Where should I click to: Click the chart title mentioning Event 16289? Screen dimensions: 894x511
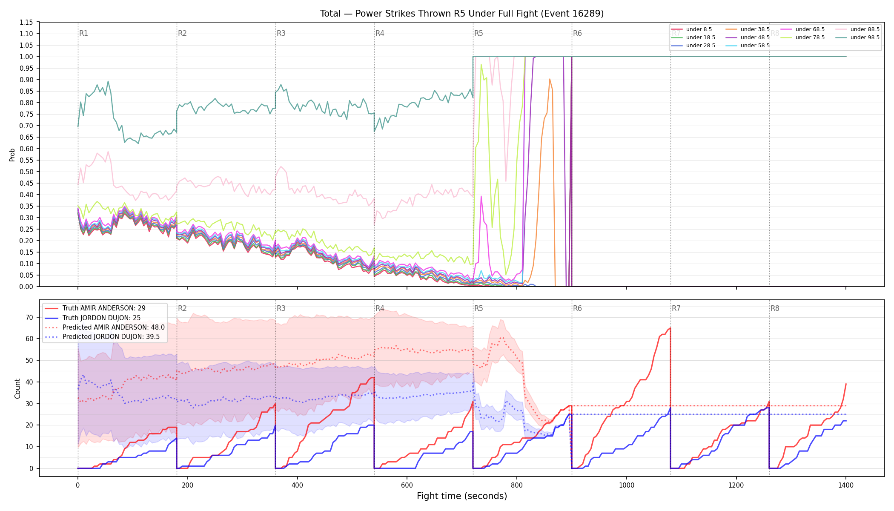pyautogui.click(x=462, y=14)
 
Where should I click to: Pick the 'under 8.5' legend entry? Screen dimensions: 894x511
pyautogui.click(x=692, y=29)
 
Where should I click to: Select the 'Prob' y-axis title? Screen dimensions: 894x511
pyautogui.click(x=12, y=155)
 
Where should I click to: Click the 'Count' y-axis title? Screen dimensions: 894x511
pyautogui.click(x=17, y=388)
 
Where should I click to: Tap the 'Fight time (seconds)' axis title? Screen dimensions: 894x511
pyautogui.click(x=462, y=496)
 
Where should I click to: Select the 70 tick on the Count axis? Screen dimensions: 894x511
pyautogui.click(x=29, y=317)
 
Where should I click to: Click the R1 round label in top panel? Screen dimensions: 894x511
pyautogui.click(x=83, y=33)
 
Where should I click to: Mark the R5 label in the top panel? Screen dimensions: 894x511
pyautogui.click(x=479, y=33)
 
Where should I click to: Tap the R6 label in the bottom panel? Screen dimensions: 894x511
pyautogui.click(x=577, y=308)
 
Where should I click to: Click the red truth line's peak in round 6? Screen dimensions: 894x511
pyautogui.click(x=670, y=328)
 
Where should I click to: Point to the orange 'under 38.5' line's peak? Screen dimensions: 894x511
pyautogui.click(x=550, y=79)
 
